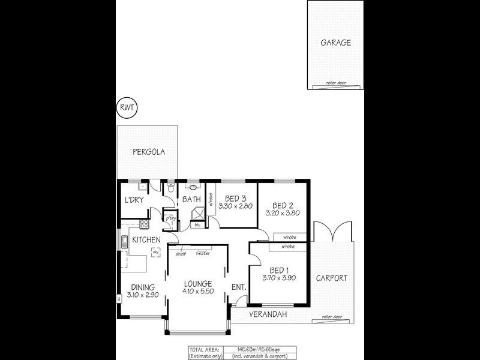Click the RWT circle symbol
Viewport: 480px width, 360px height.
click(x=127, y=109)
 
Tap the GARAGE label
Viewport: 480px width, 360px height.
click(x=335, y=43)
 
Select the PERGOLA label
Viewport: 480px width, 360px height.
click(x=149, y=152)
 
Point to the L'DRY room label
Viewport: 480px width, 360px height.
click(x=134, y=200)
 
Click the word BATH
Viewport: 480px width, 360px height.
click(x=191, y=200)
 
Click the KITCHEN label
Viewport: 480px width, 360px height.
click(x=146, y=240)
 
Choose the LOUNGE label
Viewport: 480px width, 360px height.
click(x=199, y=284)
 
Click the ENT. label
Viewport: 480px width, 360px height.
click(x=239, y=287)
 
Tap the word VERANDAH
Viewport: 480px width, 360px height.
click(x=269, y=314)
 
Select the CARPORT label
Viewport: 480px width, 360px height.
click(x=332, y=278)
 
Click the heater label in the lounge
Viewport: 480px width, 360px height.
click(x=202, y=253)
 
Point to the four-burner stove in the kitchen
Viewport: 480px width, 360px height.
click(x=144, y=225)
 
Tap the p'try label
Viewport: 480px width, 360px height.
click(x=171, y=218)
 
